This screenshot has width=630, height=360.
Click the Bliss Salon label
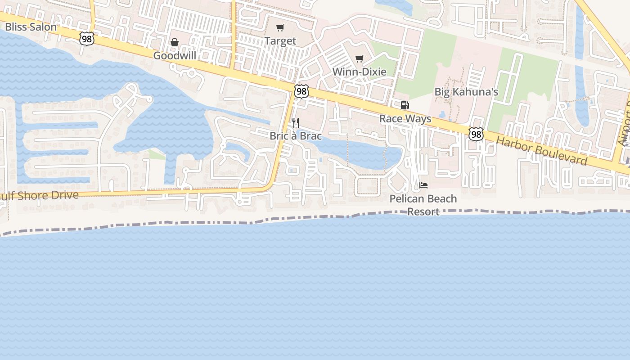click(x=31, y=27)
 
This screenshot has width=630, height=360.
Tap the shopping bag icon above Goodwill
click(x=175, y=42)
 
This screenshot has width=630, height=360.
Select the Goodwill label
click(x=175, y=56)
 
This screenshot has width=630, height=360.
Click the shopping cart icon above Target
click(x=280, y=28)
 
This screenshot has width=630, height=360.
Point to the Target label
click(x=280, y=41)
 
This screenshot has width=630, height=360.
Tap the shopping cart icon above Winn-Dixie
click(x=359, y=58)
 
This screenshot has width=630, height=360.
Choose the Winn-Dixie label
click(x=359, y=72)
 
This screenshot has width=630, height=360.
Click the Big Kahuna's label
click(x=466, y=92)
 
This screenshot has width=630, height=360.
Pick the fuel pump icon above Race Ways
click(x=405, y=105)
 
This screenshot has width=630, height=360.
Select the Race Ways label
click(x=405, y=119)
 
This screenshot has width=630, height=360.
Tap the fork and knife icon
click(x=296, y=122)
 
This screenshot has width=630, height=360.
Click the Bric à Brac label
click(x=296, y=135)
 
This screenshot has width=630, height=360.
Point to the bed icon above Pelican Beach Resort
click(x=423, y=185)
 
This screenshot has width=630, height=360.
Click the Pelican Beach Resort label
click(x=423, y=205)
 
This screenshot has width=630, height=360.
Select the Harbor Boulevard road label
click(x=542, y=150)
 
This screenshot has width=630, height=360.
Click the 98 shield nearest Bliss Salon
click(x=87, y=39)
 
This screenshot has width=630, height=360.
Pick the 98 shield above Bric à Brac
click(x=301, y=91)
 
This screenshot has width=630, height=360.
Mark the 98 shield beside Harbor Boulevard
click(x=476, y=134)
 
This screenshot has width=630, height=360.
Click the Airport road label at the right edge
click(x=625, y=124)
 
